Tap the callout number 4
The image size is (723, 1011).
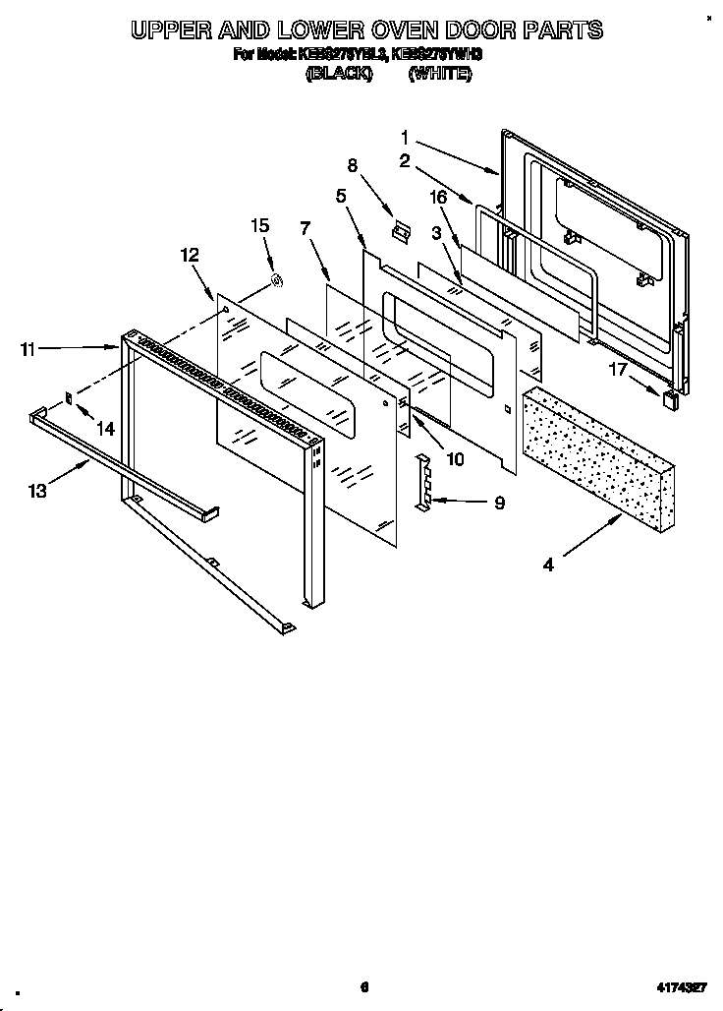(x=548, y=565)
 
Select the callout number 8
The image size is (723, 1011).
(x=353, y=165)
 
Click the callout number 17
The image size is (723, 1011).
(x=617, y=371)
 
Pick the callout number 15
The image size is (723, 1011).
(x=259, y=225)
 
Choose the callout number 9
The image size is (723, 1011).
(x=499, y=503)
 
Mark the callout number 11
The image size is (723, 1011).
(x=28, y=348)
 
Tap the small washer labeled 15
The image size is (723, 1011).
(x=277, y=283)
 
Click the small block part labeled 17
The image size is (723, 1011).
(x=670, y=398)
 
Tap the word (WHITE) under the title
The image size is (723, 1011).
(x=439, y=74)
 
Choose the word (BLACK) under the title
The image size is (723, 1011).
(x=339, y=74)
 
